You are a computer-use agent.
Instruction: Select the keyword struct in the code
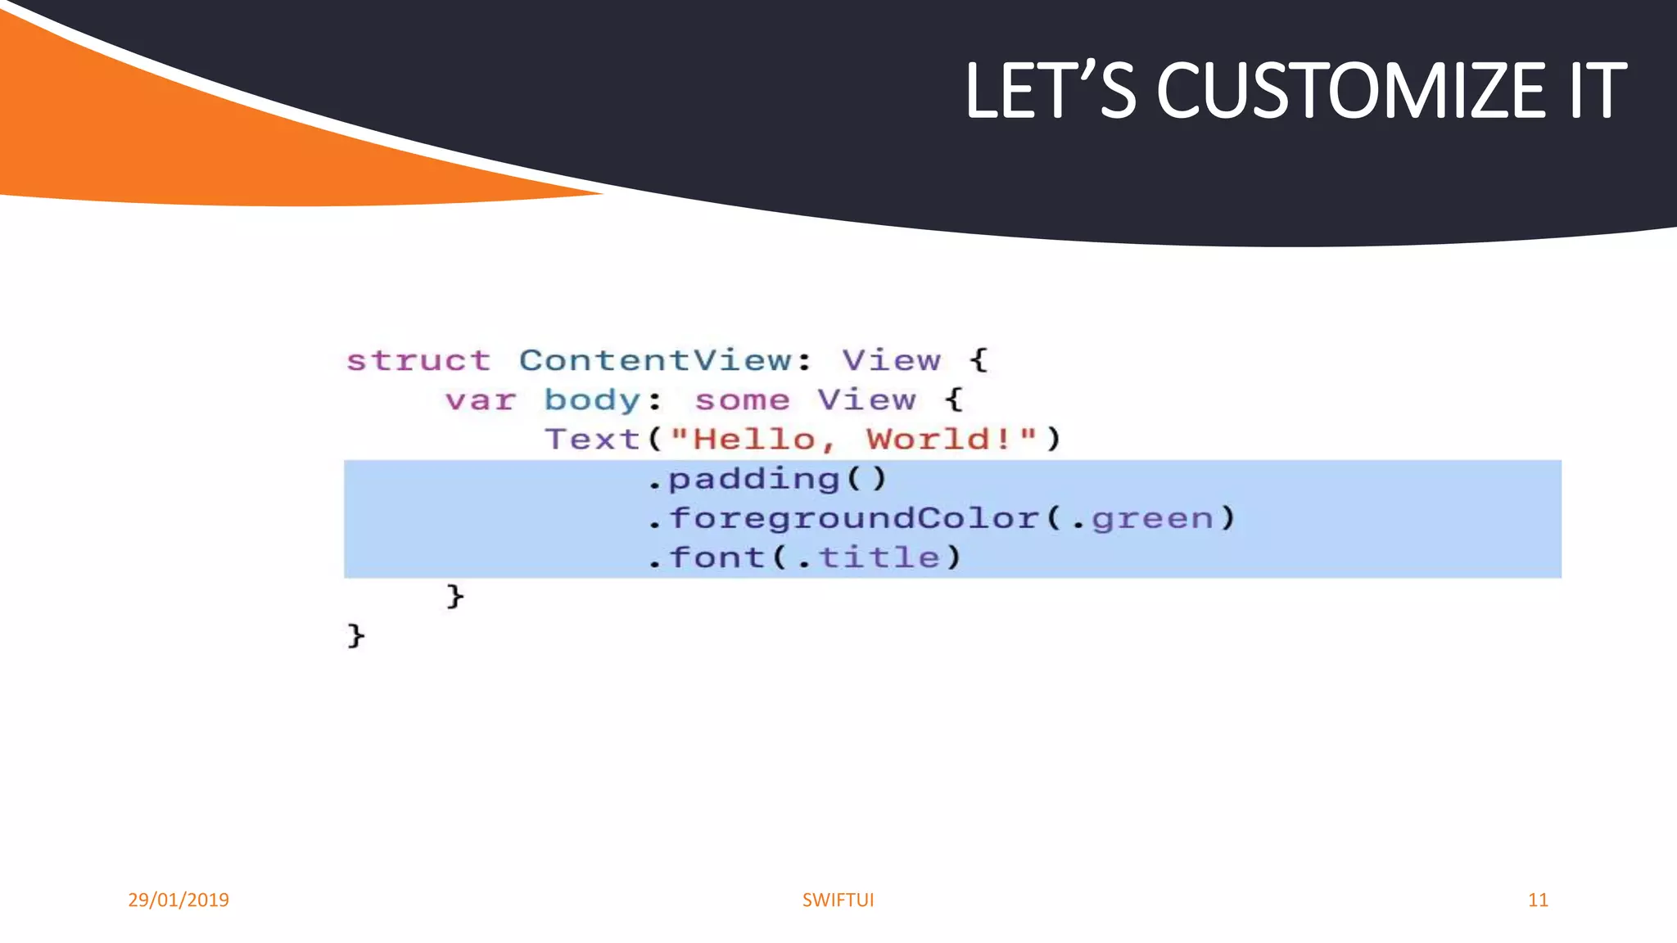tap(418, 360)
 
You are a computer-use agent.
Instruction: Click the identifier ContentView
tap(655, 360)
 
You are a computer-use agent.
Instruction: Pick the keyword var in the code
tap(481, 400)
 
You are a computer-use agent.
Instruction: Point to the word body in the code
tap(592, 400)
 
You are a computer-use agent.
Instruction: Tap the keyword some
tap(742, 400)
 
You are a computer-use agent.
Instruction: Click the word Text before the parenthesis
tap(592, 440)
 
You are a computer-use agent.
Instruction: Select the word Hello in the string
tap(753, 440)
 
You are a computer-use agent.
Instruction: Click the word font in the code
tap(717, 557)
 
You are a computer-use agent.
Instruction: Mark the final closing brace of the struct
tap(355, 635)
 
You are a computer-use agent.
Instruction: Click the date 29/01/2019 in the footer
tap(179, 900)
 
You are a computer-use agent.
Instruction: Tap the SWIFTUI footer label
tap(838, 900)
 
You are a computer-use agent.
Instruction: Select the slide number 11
tap(1538, 900)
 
